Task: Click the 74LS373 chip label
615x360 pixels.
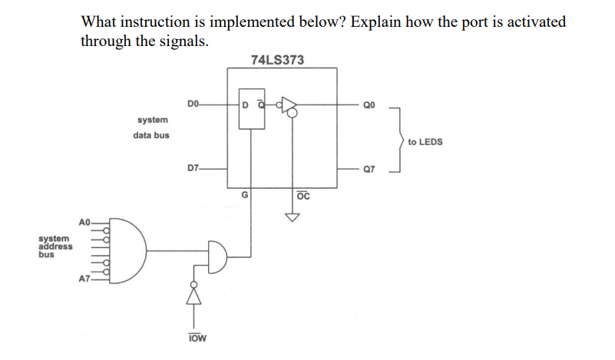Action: pyautogui.click(x=277, y=60)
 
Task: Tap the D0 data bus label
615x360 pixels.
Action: pyautogui.click(x=193, y=103)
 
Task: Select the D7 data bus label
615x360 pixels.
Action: pyautogui.click(x=193, y=167)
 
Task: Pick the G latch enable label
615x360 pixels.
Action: pyautogui.click(x=244, y=195)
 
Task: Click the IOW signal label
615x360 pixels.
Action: pyautogui.click(x=197, y=339)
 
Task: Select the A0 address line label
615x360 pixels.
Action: pyautogui.click(x=85, y=222)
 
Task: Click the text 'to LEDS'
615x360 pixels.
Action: pyautogui.click(x=425, y=142)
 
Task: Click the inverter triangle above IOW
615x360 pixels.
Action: pyautogui.click(x=195, y=292)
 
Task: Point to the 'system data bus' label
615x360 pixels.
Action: pyautogui.click(x=153, y=127)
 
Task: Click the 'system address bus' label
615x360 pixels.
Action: pyautogui.click(x=55, y=246)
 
